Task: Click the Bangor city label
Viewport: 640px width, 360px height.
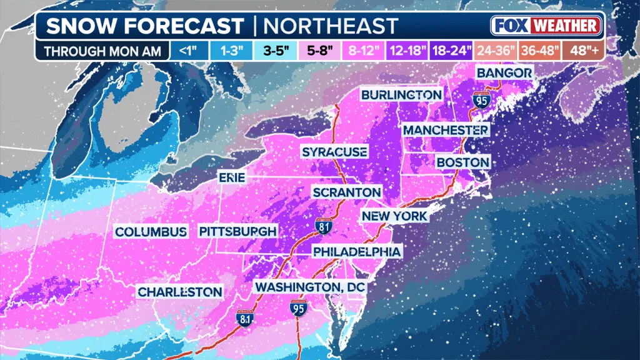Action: pos(504,73)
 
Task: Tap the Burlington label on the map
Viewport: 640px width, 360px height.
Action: pos(401,94)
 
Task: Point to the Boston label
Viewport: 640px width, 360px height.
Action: pos(462,162)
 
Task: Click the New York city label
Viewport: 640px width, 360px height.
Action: pos(394,216)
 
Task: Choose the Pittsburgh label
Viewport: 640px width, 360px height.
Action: pos(237,231)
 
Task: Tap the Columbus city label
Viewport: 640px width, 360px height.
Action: pos(151,231)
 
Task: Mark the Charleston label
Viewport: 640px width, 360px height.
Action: pos(180,292)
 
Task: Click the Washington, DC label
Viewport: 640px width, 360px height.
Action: pos(309,286)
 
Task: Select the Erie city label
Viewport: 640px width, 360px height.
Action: pos(231,178)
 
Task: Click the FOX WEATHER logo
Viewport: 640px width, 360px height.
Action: pos(546,26)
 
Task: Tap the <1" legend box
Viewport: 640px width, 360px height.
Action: pos(188,51)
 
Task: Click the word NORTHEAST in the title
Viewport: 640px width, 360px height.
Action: pos(330,26)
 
